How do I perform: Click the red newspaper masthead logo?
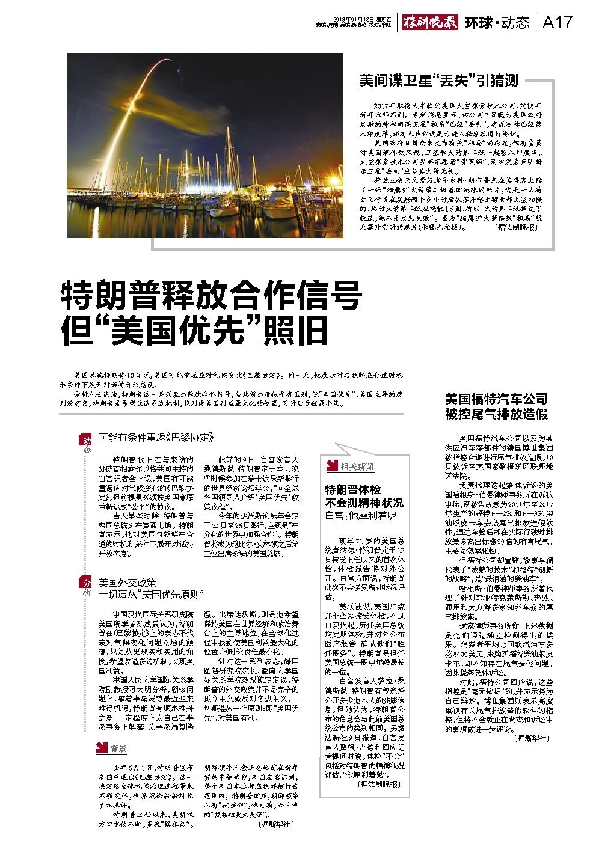coord(431,22)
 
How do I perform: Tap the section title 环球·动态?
coord(497,22)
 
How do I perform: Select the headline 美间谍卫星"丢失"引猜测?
coord(438,80)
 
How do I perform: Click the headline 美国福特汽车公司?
coord(496,399)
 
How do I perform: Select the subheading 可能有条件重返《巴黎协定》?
coord(156,437)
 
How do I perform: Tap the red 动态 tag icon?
coord(86,444)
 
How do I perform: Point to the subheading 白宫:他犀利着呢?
coord(360,515)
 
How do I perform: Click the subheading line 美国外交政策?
coord(128,583)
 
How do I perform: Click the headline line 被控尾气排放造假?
coord(496,414)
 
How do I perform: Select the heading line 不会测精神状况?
coord(364,502)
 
